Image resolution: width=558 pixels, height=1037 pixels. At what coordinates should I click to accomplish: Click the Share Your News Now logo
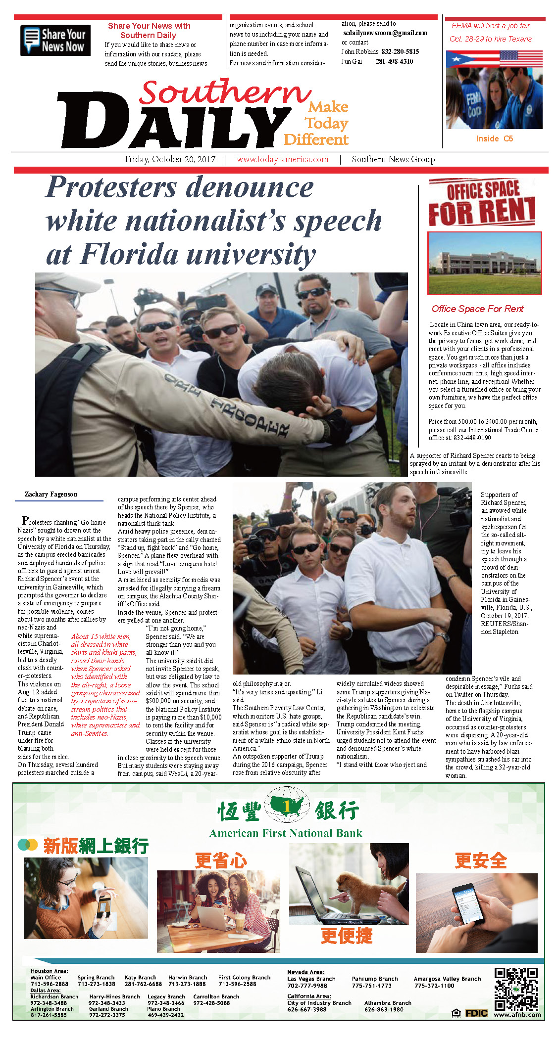pyautogui.click(x=55, y=40)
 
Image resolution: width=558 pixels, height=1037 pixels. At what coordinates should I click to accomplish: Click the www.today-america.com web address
pyautogui.click(x=282, y=159)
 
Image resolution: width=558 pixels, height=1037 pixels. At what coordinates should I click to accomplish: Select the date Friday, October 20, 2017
pyautogui.click(x=170, y=159)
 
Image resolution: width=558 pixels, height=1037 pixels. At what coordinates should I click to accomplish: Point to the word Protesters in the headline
pyautogui.click(x=111, y=188)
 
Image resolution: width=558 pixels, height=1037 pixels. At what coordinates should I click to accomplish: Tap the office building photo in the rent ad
pyautogui.click(x=484, y=263)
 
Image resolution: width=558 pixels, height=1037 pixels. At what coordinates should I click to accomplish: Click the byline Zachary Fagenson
pyautogui.click(x=51, y=494)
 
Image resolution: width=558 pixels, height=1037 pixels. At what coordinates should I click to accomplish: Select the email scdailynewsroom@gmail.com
pyautogui.click(x=385, y=33)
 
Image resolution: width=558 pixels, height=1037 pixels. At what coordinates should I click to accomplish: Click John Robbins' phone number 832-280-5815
pyautogui.click(x=400, y=51)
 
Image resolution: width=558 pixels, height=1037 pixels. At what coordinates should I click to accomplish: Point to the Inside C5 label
pyautogui.click(x=494, y=138)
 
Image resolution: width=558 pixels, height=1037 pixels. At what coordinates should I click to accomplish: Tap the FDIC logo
pyautogui.click(x=476, y=1014)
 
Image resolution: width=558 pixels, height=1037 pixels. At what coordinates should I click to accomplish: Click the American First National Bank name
pyautogui.click(x=286, y=833)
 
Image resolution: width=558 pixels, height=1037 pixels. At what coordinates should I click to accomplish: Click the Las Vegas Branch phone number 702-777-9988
pyautogui.click(x=307, y=986)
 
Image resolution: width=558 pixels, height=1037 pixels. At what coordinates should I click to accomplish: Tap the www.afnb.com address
pyautogui.click(x=517, y=1015)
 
